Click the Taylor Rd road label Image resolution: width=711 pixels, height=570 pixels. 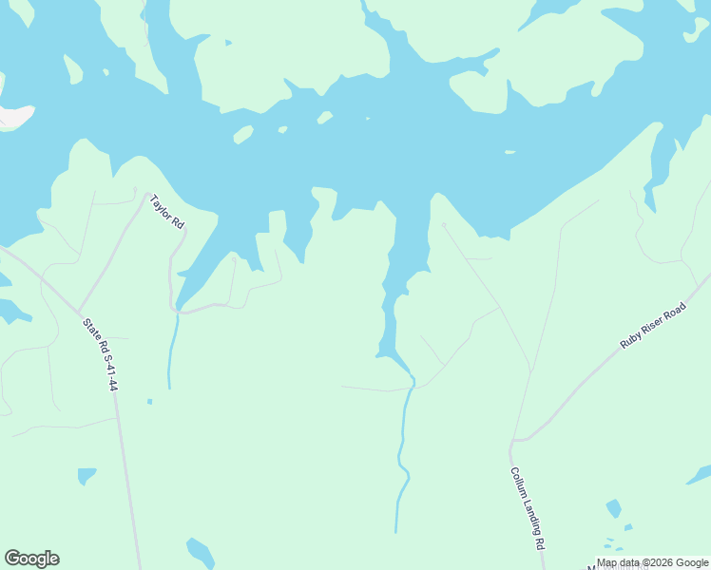166,212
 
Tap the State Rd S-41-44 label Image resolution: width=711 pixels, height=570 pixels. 100,354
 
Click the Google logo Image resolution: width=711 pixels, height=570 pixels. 31,559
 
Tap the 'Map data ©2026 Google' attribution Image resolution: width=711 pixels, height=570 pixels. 653,562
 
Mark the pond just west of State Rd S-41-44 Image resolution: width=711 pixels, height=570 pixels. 86,474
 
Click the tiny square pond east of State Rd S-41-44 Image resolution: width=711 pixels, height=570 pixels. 149,401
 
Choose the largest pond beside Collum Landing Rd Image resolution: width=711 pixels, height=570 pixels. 613,508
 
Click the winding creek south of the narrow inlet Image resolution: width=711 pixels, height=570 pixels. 403,456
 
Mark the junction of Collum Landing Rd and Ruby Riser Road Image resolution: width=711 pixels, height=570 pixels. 513,441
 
